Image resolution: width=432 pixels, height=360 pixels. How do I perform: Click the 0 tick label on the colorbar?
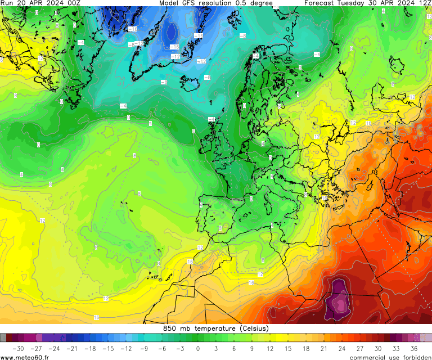tap(197, 348)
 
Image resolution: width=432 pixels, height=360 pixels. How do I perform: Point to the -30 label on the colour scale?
tap(17, 348)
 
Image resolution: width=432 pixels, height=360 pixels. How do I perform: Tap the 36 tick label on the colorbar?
tap(413, 348)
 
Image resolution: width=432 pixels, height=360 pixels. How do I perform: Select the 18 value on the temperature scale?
tap(305, 348)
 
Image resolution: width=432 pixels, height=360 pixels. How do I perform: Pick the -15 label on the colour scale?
tap(107, 348)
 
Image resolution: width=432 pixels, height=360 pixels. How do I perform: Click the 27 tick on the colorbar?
tap(359, 348)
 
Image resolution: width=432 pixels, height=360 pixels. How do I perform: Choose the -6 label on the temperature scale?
tap(161, 348)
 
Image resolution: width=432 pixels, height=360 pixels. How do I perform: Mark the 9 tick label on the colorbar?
tap(251, 348)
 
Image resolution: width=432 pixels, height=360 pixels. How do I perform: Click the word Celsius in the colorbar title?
tap(254, 328)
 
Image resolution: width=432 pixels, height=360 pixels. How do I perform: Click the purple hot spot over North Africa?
tap(339, 298)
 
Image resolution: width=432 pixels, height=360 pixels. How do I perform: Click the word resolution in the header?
tap(224, 3)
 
